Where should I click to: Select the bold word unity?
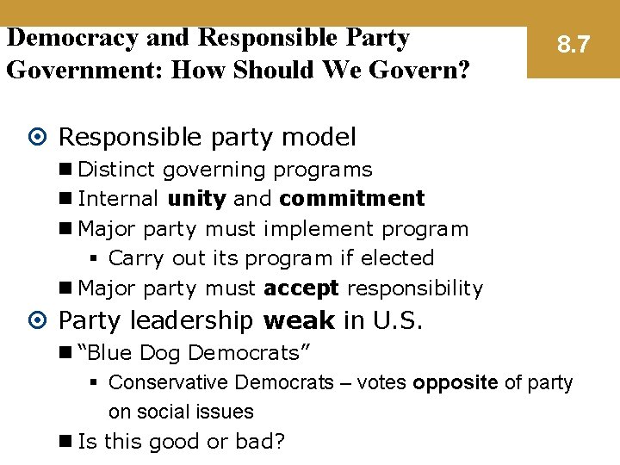pos(197,199)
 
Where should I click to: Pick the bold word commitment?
pos(351,199)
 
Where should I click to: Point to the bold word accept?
pos(301,288)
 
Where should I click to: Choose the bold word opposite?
pos(456,382)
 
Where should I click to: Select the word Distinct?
pos(116,170)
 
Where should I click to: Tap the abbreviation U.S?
pos(398,321)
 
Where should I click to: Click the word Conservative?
pos(169,382)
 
